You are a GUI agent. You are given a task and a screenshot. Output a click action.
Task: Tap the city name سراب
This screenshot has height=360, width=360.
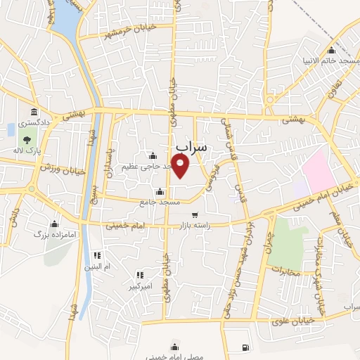coord(191,147)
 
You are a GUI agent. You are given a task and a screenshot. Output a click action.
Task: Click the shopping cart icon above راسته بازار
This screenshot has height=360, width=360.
coord(195,215)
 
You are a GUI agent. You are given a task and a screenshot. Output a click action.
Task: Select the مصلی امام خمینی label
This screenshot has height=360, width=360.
coord(174,359)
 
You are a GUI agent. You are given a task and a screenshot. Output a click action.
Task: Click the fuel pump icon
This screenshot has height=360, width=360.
coord(244,347)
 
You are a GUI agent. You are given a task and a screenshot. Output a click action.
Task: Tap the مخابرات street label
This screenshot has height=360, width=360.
coord(285,270)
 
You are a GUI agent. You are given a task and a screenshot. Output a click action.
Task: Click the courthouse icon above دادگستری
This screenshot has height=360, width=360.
coord(33,112)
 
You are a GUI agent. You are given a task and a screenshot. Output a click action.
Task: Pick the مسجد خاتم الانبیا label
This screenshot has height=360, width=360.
coord(330,60)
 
